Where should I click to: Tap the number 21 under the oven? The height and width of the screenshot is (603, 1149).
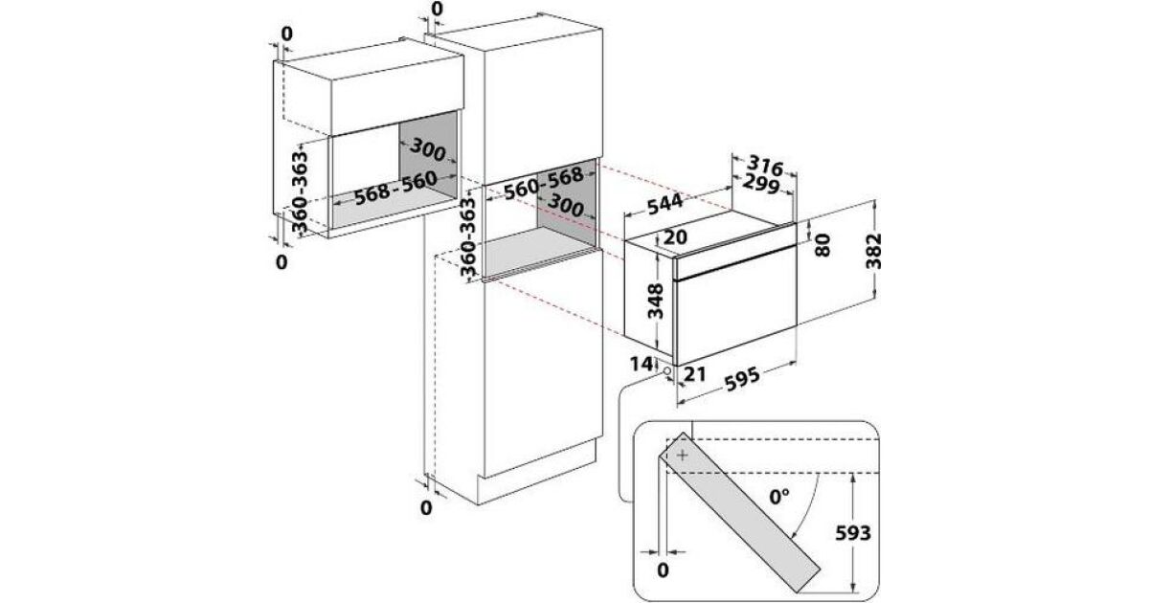click(x=695, y=376)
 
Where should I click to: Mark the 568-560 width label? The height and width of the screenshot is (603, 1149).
click(x=394, y=187)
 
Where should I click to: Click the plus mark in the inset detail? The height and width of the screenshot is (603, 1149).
click(x=681, y=457)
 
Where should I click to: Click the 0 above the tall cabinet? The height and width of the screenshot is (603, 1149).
click(x=438, y=11)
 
